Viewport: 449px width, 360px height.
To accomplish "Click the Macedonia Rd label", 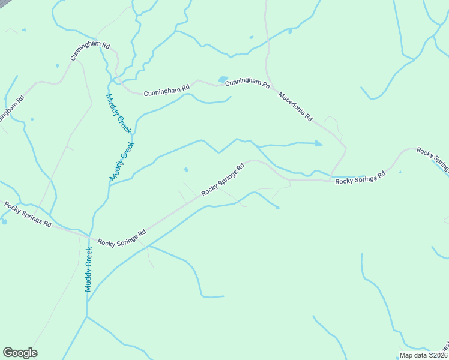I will pyautogui.click(x=295, y=107).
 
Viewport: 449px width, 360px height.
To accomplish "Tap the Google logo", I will pyautogui.click(x=20, y=353).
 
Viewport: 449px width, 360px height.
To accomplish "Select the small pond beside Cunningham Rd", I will pyautogui.click(x=223, y=79).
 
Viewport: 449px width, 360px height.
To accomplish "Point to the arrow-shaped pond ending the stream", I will pyautogui.click(x=318, y=143).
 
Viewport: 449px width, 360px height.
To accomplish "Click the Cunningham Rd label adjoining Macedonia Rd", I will pyautogui.click(x=247, y=83).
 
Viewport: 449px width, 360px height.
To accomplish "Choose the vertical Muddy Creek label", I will pyautogui.click(x=88, y=269).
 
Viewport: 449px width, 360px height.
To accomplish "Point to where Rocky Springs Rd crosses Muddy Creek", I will pyautogui.click(x=90, y=235).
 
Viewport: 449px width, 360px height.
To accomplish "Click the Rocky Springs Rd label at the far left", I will pyautogui.click(x=28, y=214).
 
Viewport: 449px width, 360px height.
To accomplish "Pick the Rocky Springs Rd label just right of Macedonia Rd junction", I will pyautogui.click(x=360, y=178).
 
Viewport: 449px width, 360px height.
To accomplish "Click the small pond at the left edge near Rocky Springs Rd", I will pyautogui.click(x=4, y=222).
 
